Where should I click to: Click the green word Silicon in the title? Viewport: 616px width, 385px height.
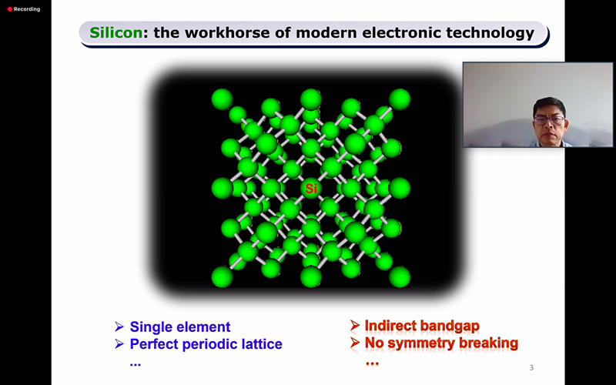point(116,32)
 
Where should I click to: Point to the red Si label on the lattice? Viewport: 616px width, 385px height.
point(311,189)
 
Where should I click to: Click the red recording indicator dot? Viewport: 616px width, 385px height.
point(10,9)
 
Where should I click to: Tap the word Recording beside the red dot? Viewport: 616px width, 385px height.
point(27,9)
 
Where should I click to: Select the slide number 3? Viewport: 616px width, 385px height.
point(531,368)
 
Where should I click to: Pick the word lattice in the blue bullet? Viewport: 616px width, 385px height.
point(263,343)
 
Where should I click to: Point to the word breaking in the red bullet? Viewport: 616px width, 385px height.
point(489,343)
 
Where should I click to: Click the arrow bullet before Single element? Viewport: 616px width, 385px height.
point(119,326)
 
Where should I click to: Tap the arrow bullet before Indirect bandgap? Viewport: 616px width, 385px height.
point(355,325)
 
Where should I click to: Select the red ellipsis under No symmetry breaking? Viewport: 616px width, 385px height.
point(372,363)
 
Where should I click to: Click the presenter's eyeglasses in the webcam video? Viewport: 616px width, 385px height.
point(549,121)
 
